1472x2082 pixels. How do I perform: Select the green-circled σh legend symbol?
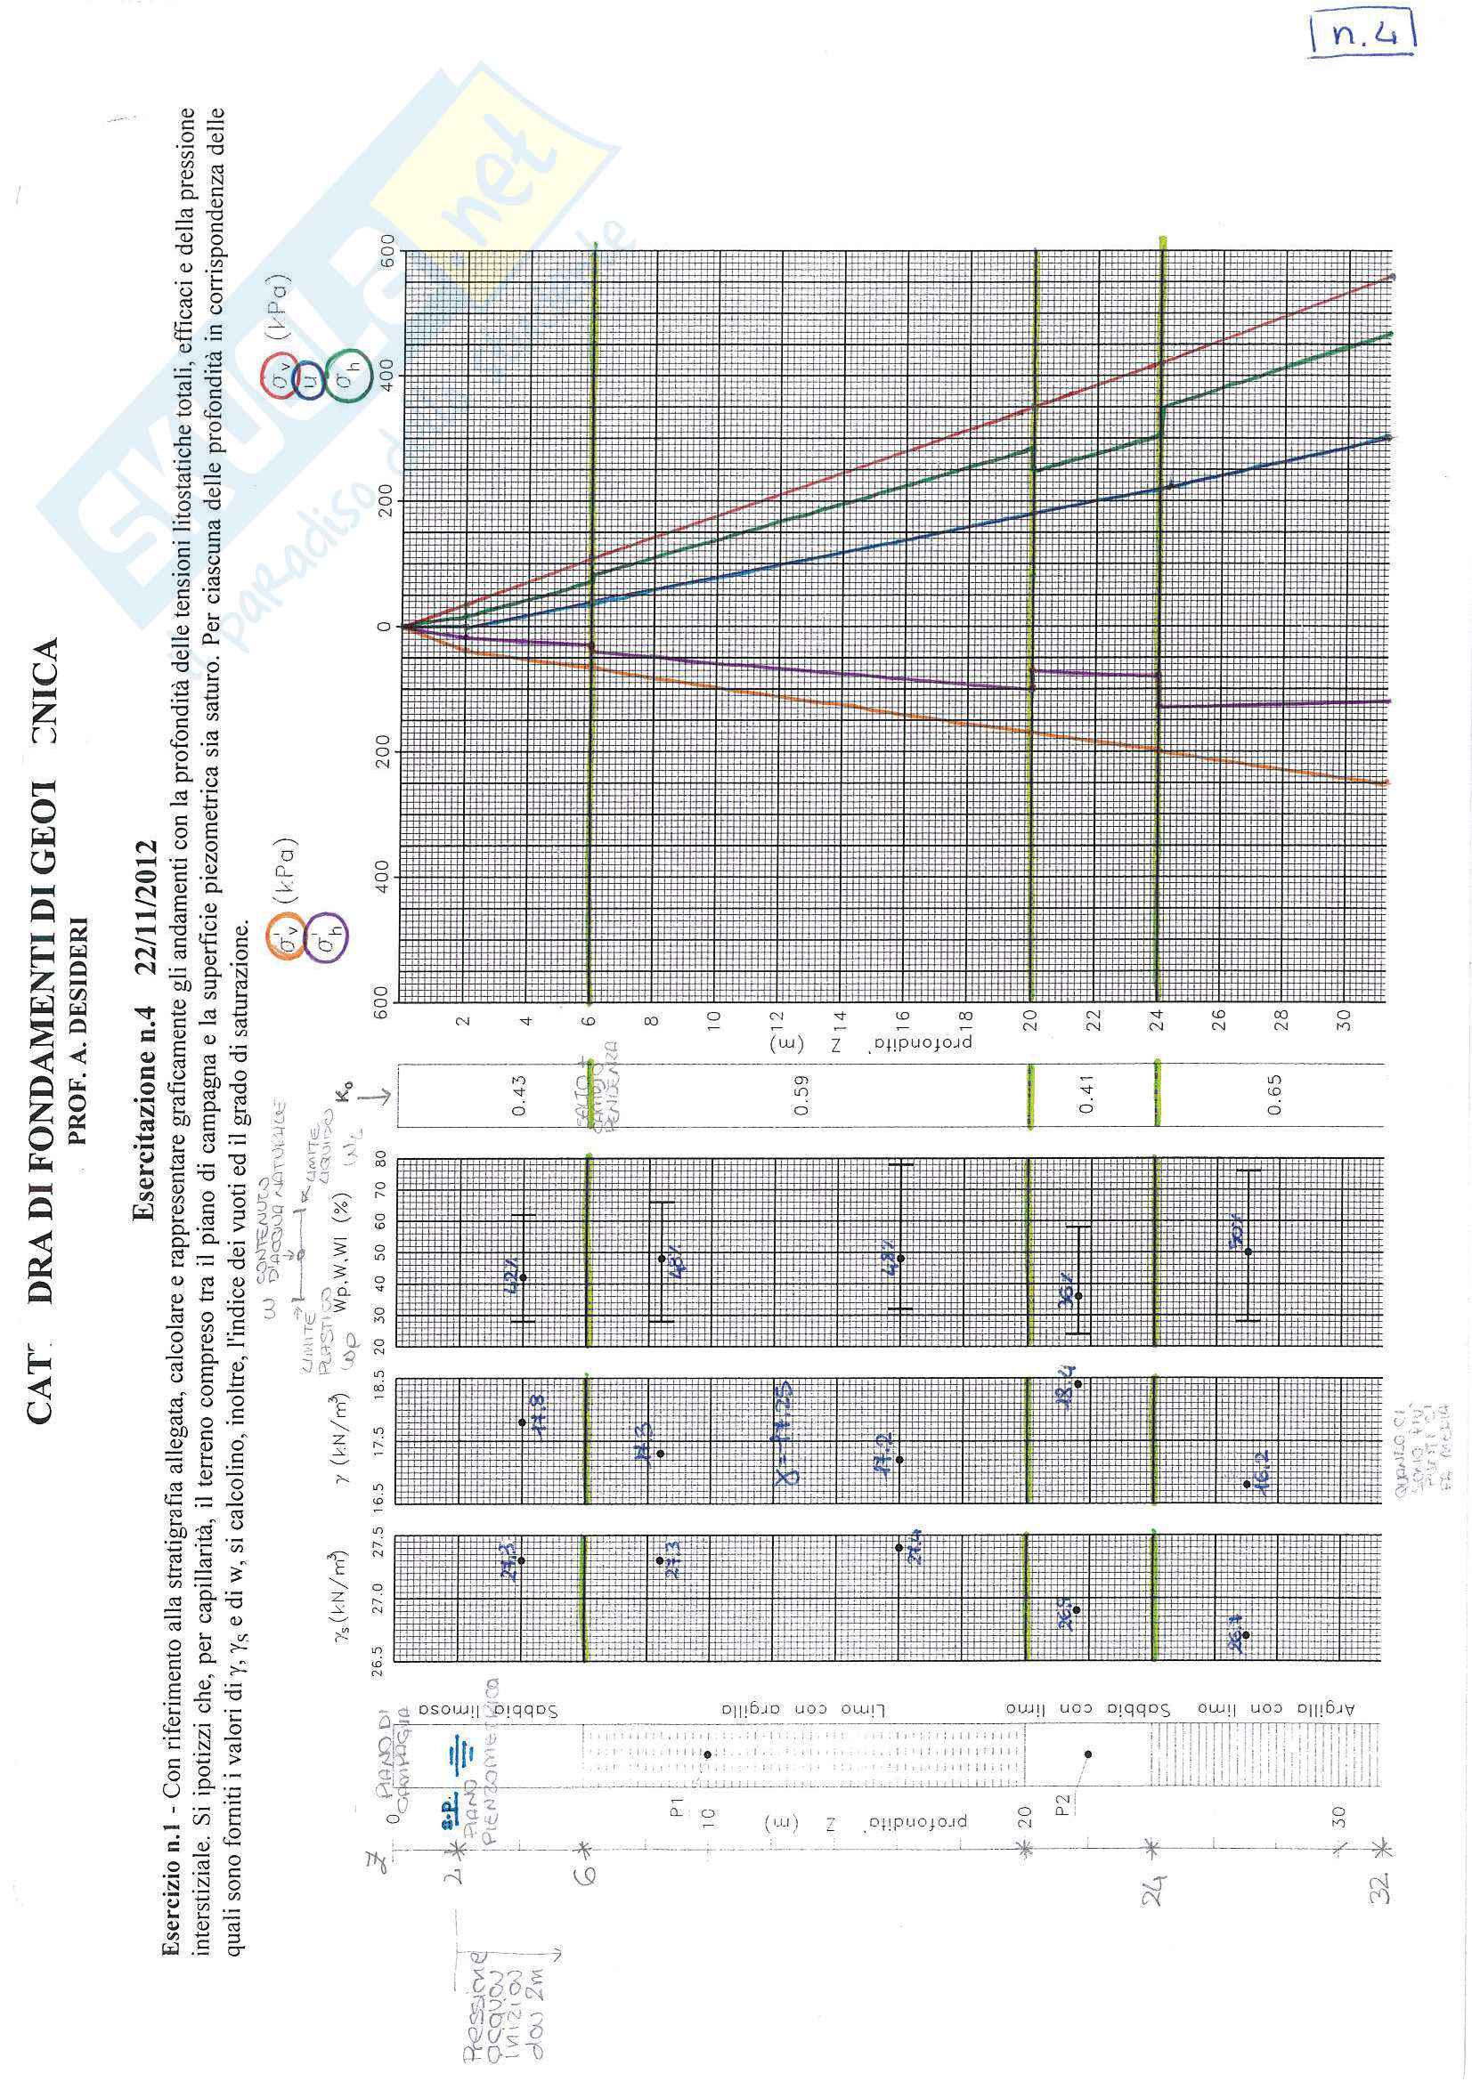pos(346,375)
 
